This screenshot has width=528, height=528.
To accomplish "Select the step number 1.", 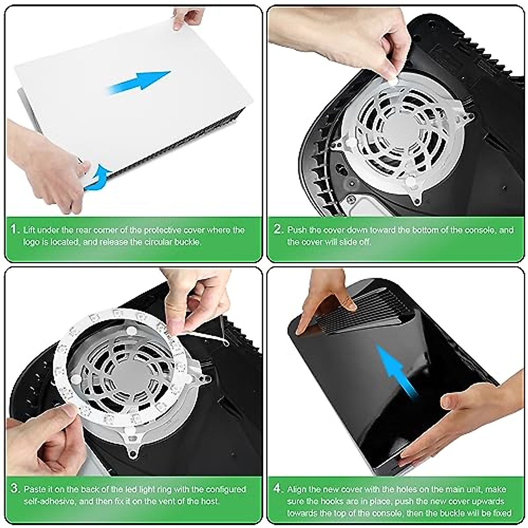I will coord(15,230).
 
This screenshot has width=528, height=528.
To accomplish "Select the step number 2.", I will coord(278,230).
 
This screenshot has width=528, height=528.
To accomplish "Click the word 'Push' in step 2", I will coord(297,230).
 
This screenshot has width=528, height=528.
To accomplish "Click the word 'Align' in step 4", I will coord(297,489).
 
